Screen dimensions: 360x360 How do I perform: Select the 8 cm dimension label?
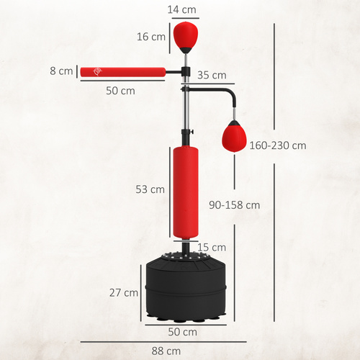tap(62, 71)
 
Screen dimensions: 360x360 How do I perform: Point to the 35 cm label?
tap(211, 75)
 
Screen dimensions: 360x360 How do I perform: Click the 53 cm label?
tap(151, 189)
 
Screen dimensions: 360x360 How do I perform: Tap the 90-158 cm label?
tap(233, 204)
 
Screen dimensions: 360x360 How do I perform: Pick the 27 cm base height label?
tap(124, 292)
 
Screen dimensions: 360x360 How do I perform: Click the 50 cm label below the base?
tap(184, 332)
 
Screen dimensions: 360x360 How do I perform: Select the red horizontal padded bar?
tap(122, 71)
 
